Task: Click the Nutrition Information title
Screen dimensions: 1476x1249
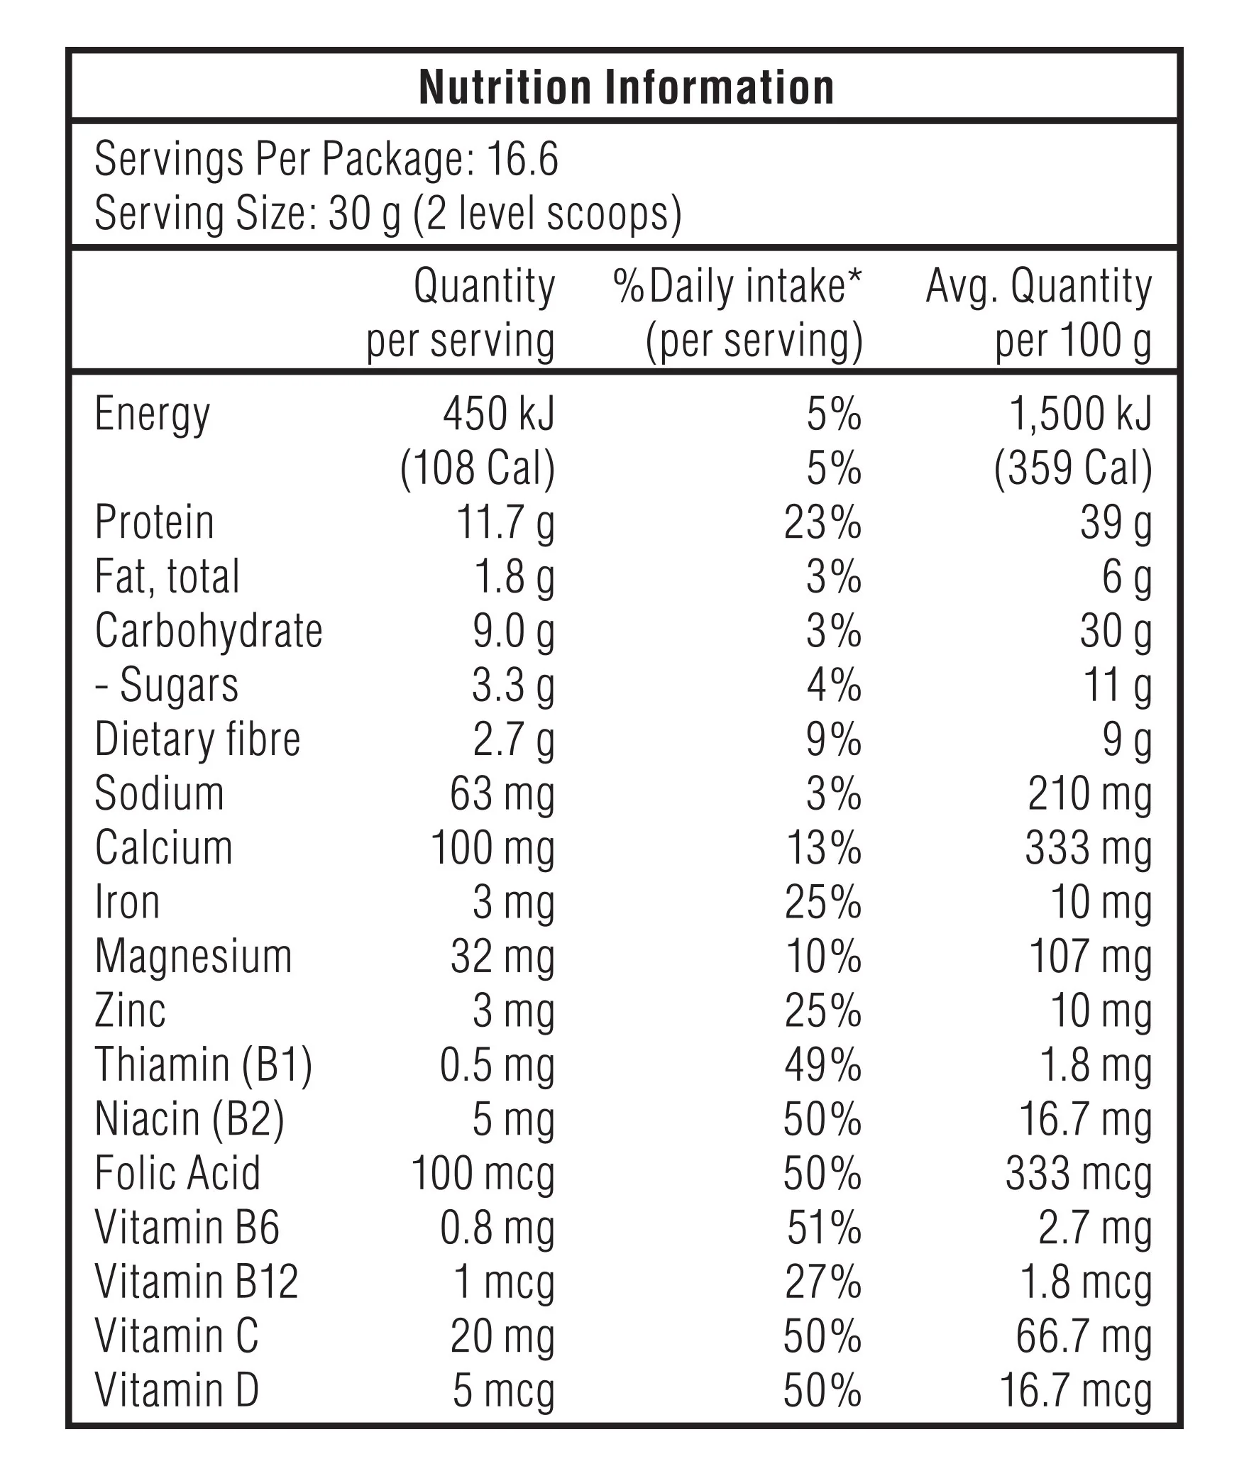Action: tap(626, 88)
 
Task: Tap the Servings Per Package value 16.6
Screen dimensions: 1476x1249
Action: tap(522, 159)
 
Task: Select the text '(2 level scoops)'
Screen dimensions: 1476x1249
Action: tap(547, 214)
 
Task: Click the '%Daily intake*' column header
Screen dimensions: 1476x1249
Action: tap(737, 287)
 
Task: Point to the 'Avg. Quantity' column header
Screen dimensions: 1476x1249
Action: tap(1038, 287)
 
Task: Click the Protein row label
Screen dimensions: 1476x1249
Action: tap(155, 523)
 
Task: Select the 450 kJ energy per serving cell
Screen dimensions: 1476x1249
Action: tap(499, 414)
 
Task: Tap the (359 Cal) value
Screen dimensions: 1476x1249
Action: tap(1073, 469)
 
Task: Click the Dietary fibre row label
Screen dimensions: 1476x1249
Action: tap(198, 740)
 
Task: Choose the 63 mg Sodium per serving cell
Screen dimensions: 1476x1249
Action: tap(502, 795)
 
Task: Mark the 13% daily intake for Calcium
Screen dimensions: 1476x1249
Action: tap(824, 849)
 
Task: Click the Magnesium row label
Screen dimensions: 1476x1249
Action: tap(194, 957)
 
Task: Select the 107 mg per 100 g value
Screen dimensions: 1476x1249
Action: tap(1090, 957)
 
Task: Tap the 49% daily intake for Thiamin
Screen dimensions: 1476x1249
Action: tap(822, 1066)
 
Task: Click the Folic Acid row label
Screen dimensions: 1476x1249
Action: tap(177, 1174)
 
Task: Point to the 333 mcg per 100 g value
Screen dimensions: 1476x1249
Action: tap(1078, 1174)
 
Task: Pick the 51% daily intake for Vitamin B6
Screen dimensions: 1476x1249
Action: tap(824, 1228)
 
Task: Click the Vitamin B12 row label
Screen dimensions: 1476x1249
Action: tap(197, 1283)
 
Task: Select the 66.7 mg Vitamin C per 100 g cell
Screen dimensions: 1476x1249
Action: tap(1084, 1337)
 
